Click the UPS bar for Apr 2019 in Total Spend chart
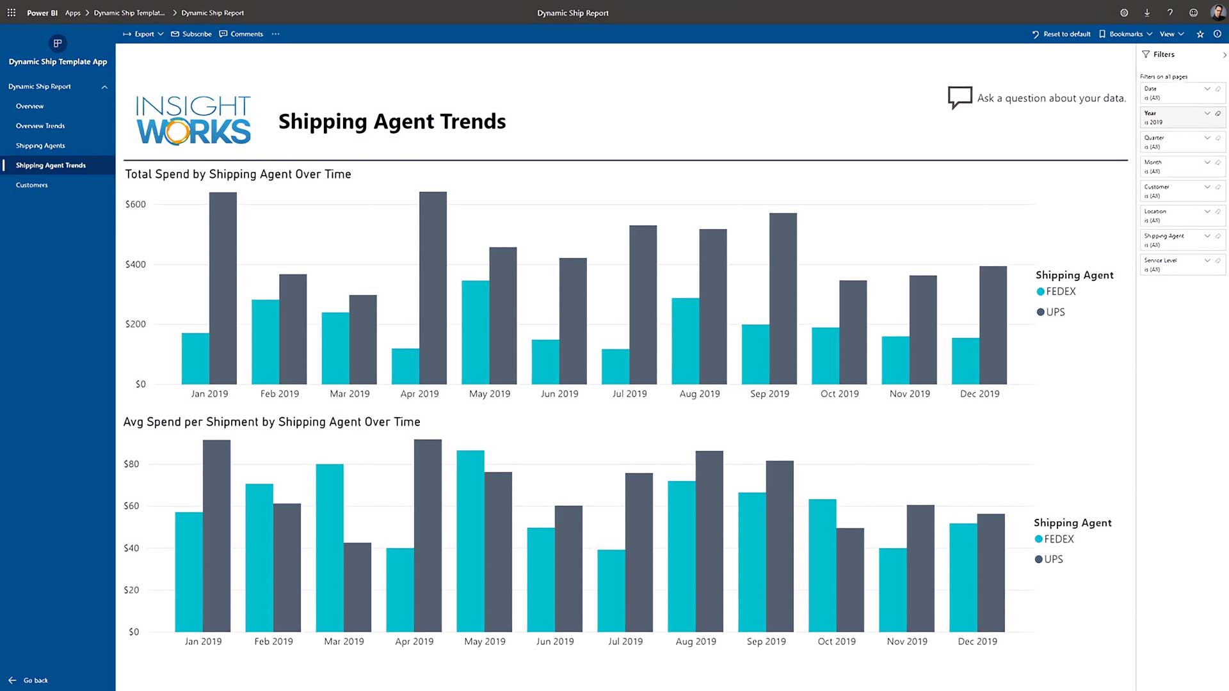pos(433,288)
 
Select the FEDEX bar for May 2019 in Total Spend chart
pos(475,332)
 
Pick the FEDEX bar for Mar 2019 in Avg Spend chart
pos(330,548)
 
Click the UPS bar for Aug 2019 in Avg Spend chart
pos(709,541)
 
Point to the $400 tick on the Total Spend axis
pos(136,264)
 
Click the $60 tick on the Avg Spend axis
pos(131,506)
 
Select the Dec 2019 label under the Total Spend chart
pos(979,394)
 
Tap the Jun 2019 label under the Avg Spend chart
pos(555,642)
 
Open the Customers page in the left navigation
pos(32,185)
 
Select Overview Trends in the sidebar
pos(40,126)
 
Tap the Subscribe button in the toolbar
pos(191,34)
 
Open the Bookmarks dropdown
pos(1125,34)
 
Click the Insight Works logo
pos(193,120)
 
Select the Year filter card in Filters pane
pos(1182,117)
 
